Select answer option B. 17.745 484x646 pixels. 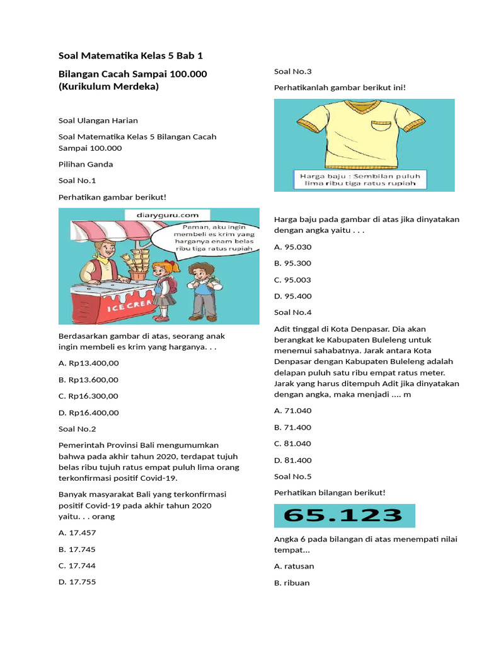pyautogui.click(x=77, y=549)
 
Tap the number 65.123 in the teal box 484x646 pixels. pyautogui.click(x=344, y=515)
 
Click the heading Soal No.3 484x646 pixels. pyautogui.click(x=292, y=71)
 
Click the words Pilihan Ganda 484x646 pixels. pyautogui.click(x=86, y=164)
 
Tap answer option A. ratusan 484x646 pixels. pyautogui.click(x=294, y=566)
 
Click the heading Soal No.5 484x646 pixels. pyautogui.click(x=292, y=476)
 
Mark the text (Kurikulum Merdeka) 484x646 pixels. pyautogui.click(x=108, y=86)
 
